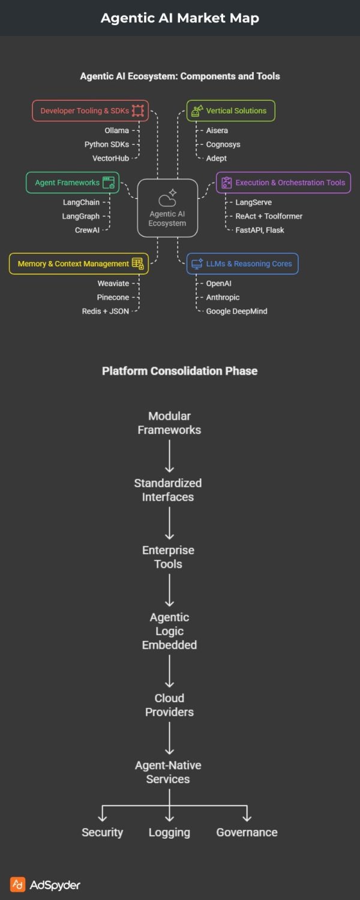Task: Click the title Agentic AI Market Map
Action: (x=180, y=18)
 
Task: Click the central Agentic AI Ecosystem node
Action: (x=167, y=208)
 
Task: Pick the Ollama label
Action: (x=116, y=130)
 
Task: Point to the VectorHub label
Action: (x=110, y=158)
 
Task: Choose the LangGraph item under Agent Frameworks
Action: (x=81, y=216)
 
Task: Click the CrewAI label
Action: (x=87, y=230)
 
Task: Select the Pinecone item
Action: (x=113, y=297)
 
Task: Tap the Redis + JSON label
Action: (x=106, y=311)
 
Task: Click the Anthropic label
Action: (x=223, y=297)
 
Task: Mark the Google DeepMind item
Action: (x=236, y=311)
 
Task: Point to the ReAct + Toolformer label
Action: (x=269, y=216)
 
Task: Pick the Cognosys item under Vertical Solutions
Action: (x=223, y=144)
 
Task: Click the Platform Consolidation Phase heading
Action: (x=180, y=371)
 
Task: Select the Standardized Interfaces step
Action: (x=168, y=490)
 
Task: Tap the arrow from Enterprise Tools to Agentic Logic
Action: (x=170, y=590)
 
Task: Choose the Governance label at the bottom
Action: (x=247, y=832)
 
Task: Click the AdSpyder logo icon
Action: (x=18, y=884)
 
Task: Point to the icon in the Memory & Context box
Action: (x=137, y=263)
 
